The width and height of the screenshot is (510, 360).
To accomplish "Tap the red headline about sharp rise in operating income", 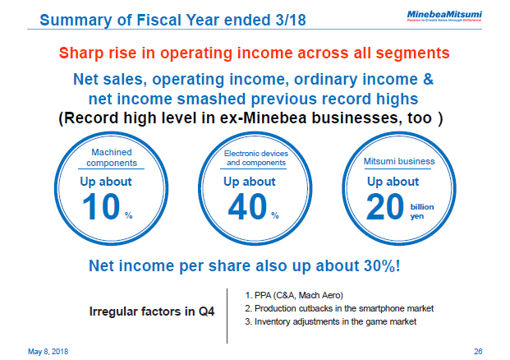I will point(255,53).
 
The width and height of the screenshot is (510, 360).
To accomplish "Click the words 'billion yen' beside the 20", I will point(422,212).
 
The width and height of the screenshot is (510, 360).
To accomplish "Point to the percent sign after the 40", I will point(274,216).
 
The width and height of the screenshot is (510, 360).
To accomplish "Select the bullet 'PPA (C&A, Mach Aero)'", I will point(293,295).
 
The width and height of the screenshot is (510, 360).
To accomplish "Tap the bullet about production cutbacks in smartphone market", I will point(338,308).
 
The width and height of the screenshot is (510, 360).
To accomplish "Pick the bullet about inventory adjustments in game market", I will point(330,321).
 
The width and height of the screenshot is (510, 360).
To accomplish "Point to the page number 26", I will point(479,351).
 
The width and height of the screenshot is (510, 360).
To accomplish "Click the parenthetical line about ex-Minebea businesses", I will point(255,118).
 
